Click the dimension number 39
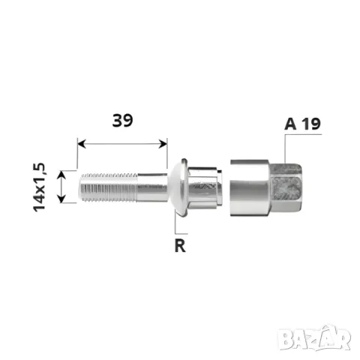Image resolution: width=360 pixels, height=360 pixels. [x=122, y=121]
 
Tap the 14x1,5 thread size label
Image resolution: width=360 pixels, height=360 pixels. [x=40, y=187]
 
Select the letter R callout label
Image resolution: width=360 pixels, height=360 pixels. [x=180, y=246]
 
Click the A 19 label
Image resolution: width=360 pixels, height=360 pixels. [x=302, y=124]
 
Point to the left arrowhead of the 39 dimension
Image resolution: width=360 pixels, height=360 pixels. [x=82, y=144]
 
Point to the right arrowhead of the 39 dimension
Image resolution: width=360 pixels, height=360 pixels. [x=163, y=144]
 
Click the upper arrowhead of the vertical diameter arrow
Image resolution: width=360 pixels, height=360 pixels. [x=61, y=175]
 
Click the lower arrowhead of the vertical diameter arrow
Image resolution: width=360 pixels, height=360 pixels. [x=61, y=199]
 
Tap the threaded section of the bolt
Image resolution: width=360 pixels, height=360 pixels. [x=109, y=187]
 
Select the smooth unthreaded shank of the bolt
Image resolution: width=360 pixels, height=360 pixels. [x=152, y=187]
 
